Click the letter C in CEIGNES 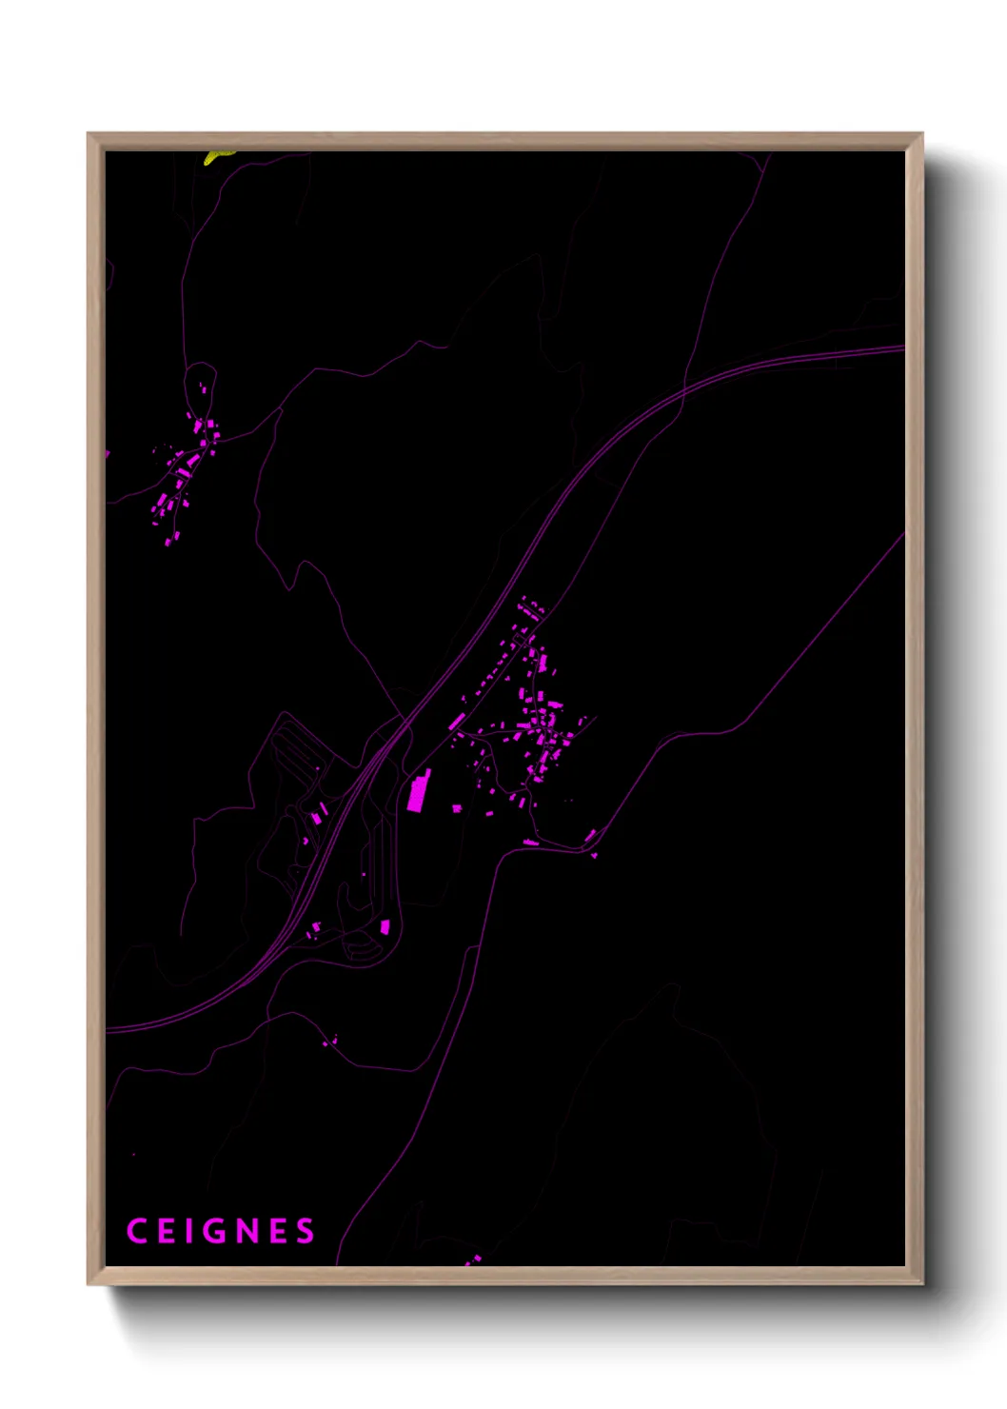[x=136, y=1231]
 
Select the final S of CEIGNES [x=306, y=1231]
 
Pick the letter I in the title [x=188, y=1231]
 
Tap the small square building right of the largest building [x=457, y=808]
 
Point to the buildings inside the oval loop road [x=202, y=389]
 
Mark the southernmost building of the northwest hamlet [x=168, y=542]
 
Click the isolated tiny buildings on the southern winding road [x=329, y=1042]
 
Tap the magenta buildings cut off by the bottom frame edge [x=473, y=1260]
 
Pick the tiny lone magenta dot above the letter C [x=133, y=1155]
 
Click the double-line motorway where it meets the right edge [x=899, y=349]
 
